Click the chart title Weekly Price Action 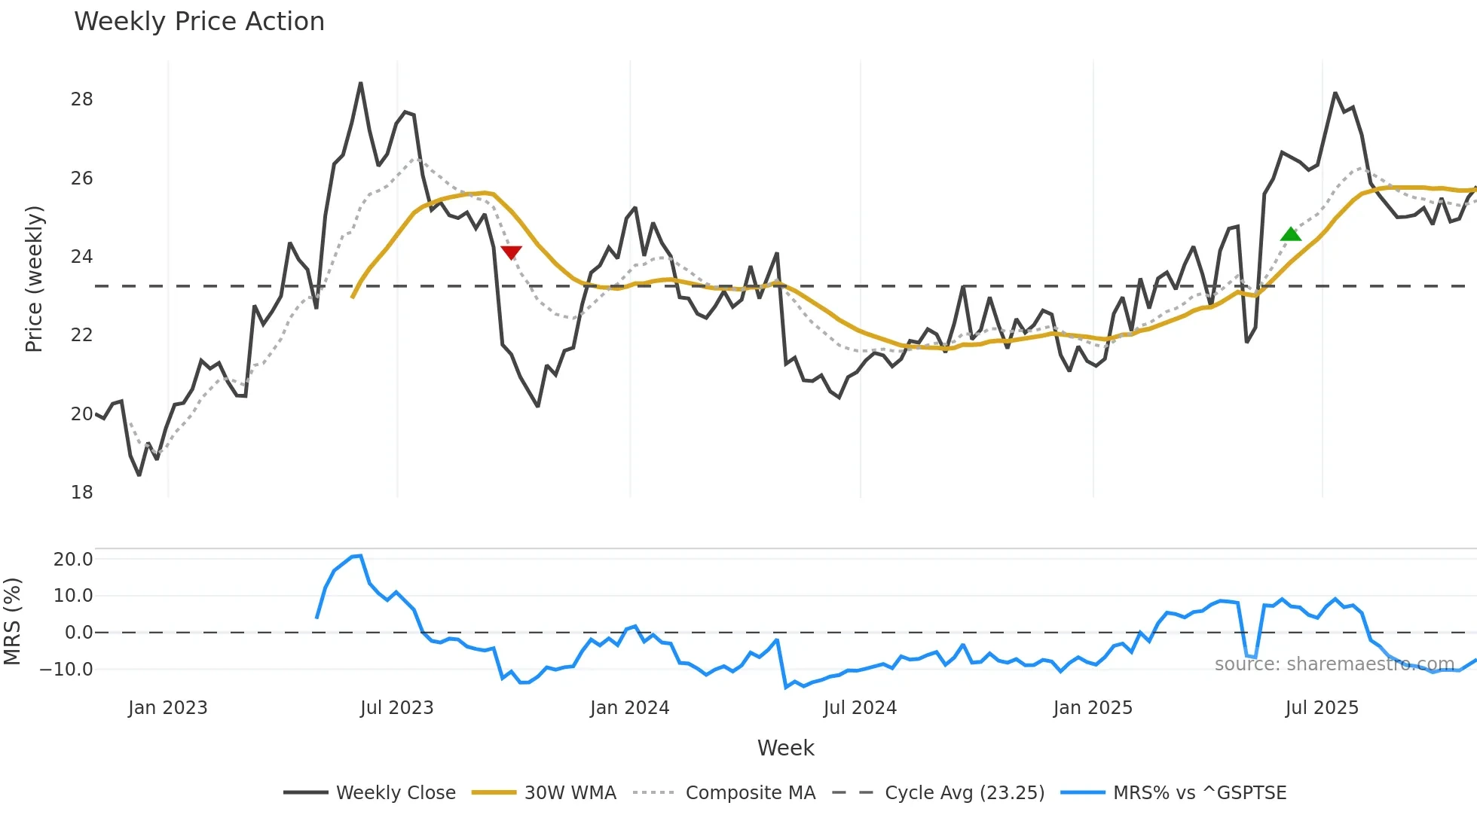(199, 22)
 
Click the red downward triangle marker (511, 252)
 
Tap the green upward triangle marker (1291, 234)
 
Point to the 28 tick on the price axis (82, 99)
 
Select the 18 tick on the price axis (82, 493)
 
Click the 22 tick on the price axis (82, 335)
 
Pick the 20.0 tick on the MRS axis (73, 560)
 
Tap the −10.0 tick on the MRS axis (67, 670)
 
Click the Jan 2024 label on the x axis (629, 708)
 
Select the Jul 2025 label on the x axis (1322, 708)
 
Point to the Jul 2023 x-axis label (396, 708)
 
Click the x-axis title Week (785, 748)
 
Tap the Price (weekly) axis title (34, 279)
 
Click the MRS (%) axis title (13, 621)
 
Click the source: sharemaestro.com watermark (1334, 664)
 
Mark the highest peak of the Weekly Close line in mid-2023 (360, 84)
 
